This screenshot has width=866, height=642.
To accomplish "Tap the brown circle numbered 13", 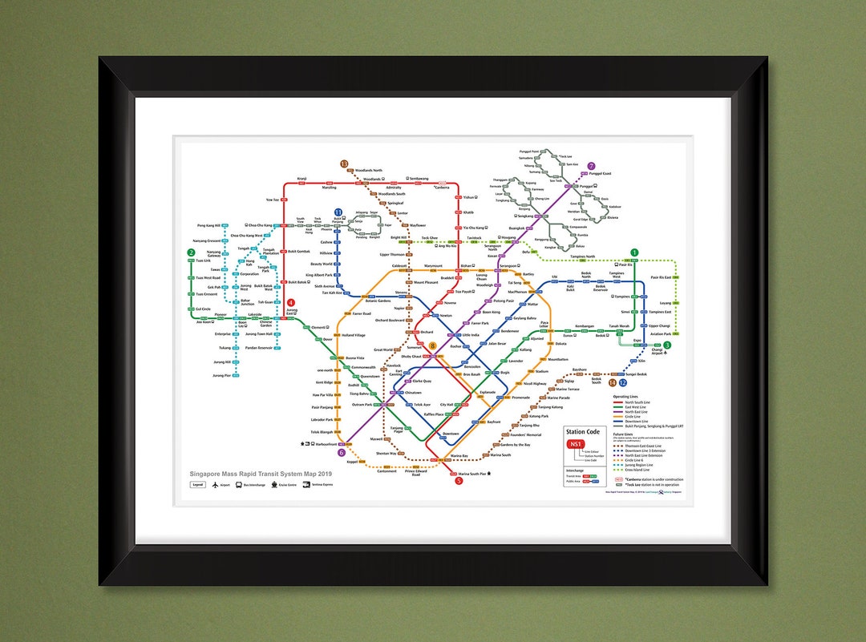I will tap(344, 164).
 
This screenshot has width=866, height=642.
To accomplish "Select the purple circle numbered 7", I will tap(592, 167).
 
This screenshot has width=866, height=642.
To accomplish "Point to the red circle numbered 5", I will tap(459, 481).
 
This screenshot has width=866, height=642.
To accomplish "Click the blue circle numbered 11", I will tap(338, 212).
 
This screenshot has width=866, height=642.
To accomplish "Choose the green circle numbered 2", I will tap(191, 253).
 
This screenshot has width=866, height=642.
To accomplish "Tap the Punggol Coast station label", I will tap(601, 173).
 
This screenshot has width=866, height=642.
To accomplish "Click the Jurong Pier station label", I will tap(221, 375).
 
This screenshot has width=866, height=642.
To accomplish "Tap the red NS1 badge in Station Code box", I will tap(575, 445).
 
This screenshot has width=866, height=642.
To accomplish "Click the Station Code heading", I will tap(582, 431).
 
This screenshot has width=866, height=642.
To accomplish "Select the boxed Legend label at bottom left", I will tap(197, 485).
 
